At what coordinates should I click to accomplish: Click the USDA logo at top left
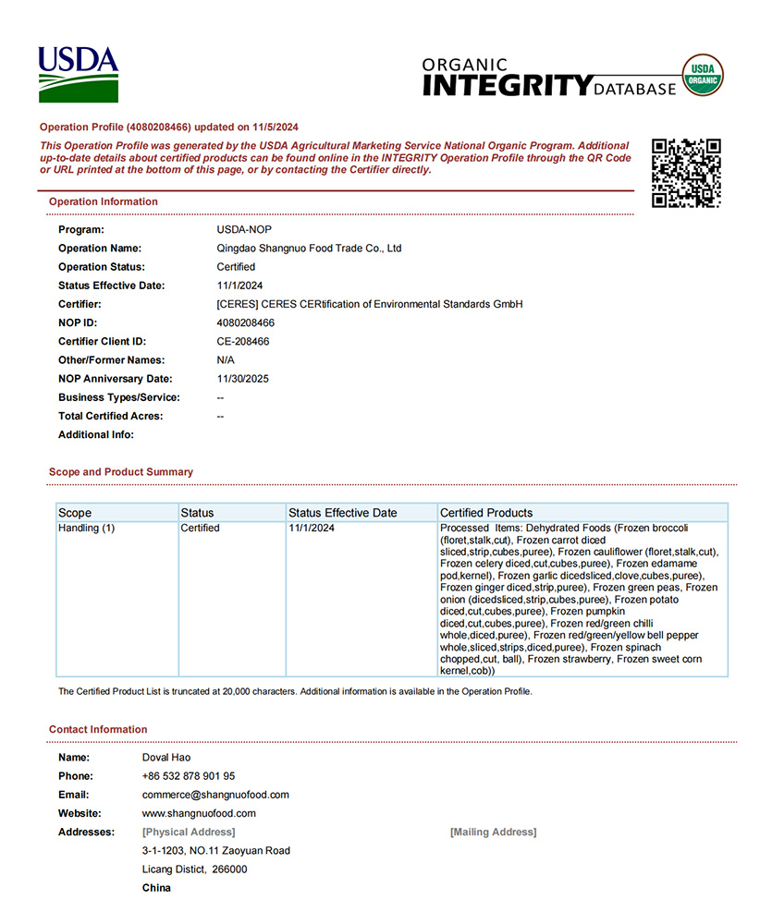tap(79, 74)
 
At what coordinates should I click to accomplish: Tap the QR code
tap(686, 173)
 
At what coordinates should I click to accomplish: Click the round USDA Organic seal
tap(703, 75)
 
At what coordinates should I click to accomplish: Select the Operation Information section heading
tap(104, 201)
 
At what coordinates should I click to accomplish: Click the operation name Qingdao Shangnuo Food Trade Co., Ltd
tap(309, 249)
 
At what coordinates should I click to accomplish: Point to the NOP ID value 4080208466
tap(245, 322)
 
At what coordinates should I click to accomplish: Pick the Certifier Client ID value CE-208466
tap(243, 341)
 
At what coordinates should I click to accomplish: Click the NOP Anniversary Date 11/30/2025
tap(243, 379)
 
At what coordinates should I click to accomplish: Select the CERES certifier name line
tap(370, 304)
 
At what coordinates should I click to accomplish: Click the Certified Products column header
tap(486, 513)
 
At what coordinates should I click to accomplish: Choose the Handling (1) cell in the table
tap(87, 529)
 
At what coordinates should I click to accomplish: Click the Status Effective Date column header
tap(342, 513)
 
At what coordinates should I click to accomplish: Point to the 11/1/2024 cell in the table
tap(312, 529)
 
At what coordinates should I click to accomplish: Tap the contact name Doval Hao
tap(166, 758)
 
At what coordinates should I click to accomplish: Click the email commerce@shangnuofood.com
tap(215, 795)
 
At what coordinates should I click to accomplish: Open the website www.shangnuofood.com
tap(199, 813)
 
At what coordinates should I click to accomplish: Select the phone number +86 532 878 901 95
tap(189, 776)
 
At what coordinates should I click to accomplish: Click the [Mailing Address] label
tap(493, 833)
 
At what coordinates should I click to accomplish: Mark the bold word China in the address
tap(156, 888)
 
